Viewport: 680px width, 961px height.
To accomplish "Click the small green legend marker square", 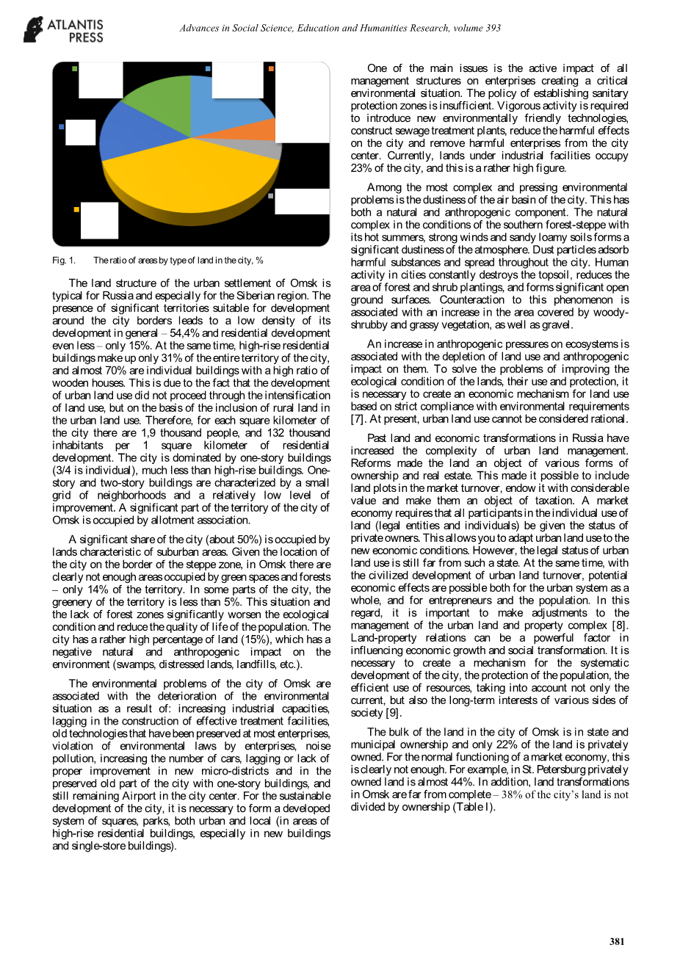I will tap(75, 68).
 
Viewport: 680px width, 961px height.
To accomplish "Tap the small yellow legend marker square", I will tap(76, 210).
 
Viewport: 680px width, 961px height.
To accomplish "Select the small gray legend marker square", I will tap(271, 196).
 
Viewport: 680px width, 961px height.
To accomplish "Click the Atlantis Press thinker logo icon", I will tap(34, 29).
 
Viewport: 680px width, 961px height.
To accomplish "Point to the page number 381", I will tap(617, 941).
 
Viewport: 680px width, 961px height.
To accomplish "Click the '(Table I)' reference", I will tap(474, 807).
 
